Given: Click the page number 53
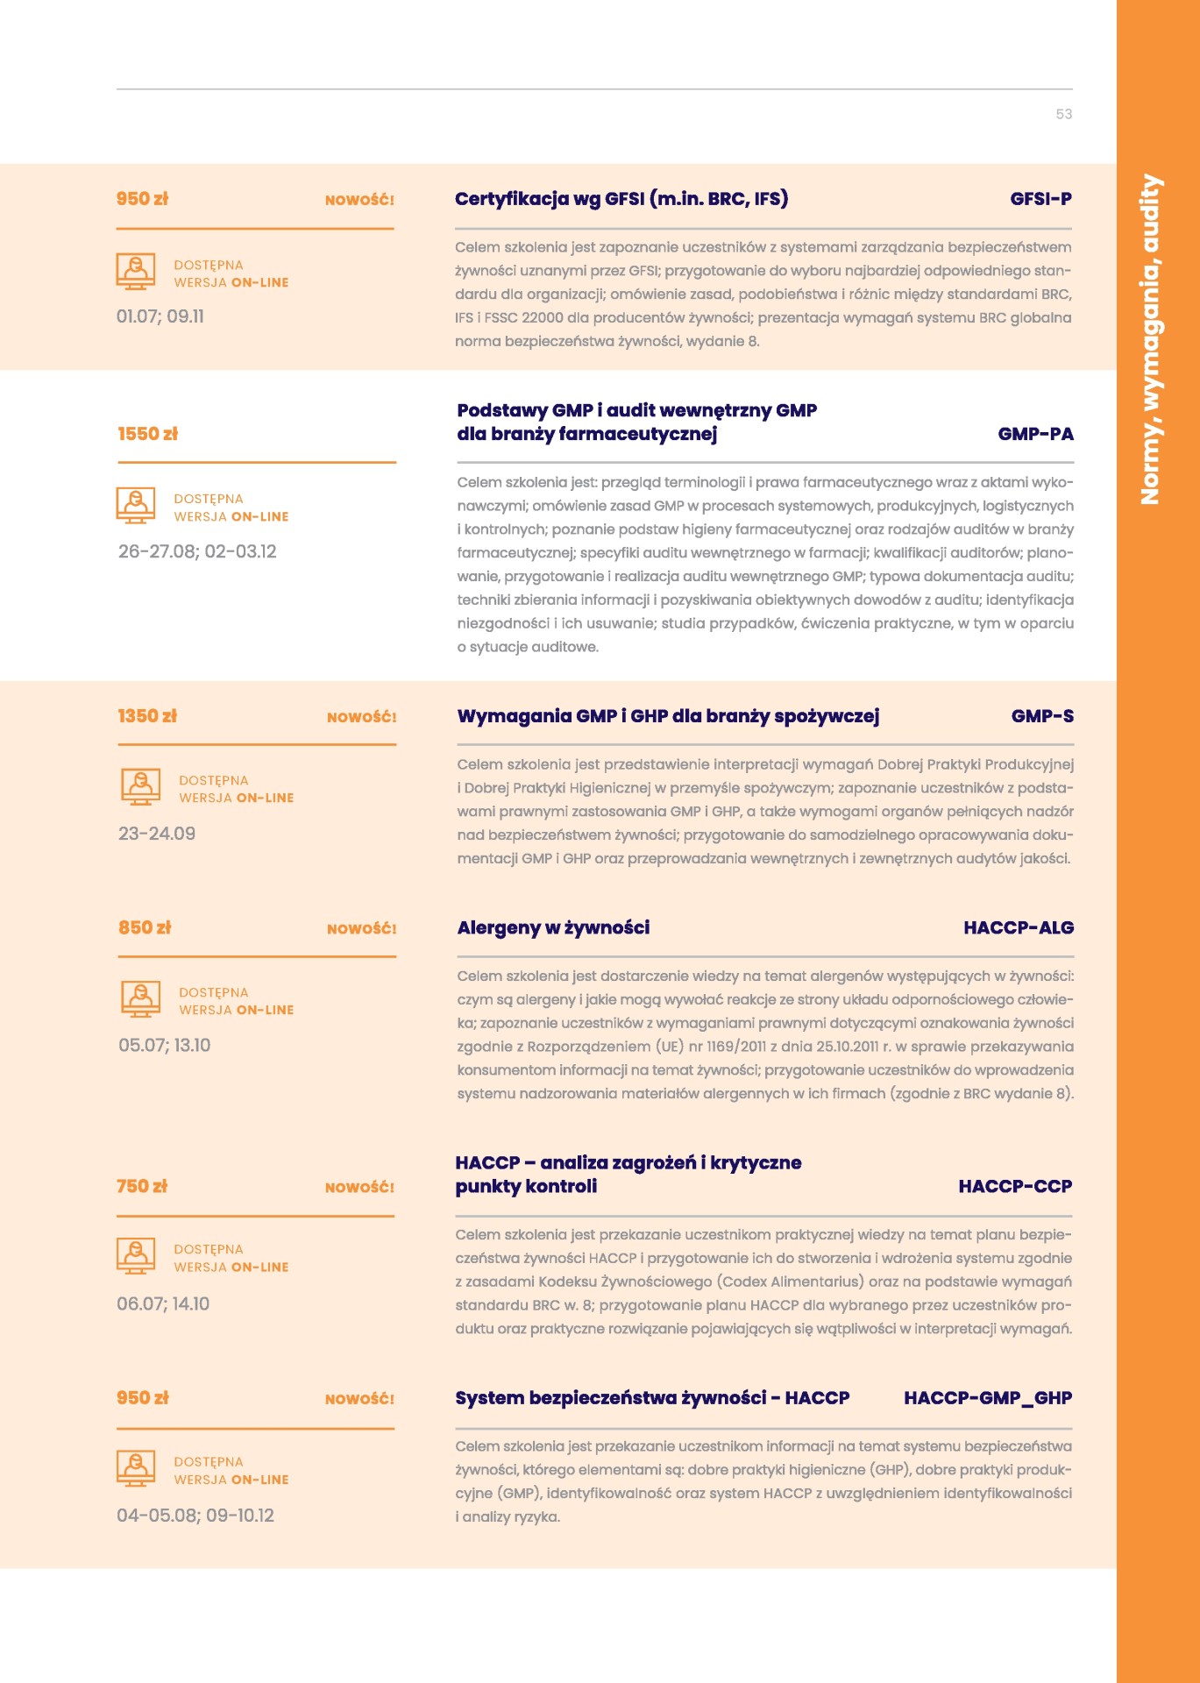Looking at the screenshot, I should coord(1063,114).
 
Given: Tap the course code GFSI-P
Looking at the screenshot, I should coord(1040,199).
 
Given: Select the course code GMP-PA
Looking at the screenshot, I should coord(1035,434).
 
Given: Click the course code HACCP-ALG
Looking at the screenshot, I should coord(1018,927).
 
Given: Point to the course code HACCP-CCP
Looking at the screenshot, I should coord(1015,1186).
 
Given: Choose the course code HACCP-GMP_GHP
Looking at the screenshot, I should coord(987,1398).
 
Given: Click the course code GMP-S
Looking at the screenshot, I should coord(1041,716).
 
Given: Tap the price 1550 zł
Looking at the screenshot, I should coord(147,434).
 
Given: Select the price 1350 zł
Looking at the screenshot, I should coord(147,716).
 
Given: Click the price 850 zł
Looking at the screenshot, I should coord(145,927).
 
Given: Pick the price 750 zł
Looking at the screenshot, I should coord(142,1186).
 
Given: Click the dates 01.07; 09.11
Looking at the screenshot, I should coord(160,316).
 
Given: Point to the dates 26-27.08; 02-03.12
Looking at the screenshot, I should coord(197,551).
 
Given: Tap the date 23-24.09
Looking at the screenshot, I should coord(157,834).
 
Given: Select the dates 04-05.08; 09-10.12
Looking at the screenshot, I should coord(195,1516).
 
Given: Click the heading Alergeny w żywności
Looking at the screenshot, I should coord(553,927).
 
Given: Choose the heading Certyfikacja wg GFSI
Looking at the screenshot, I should coord(621,199).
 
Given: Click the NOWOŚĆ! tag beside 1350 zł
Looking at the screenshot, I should coord(361,717).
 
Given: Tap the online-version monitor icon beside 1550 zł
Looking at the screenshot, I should coord(136,506).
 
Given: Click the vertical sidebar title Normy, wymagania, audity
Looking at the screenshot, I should coord(1150,340).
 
